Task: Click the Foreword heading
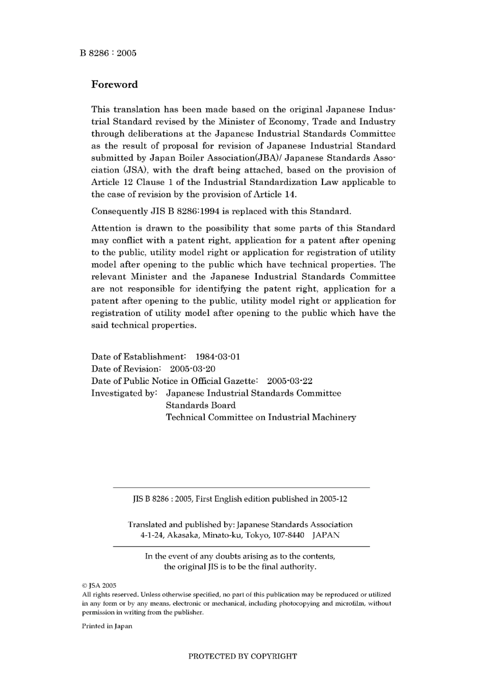[x=114, y=85]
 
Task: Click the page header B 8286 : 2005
[x=108, y=53]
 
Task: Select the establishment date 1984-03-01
[x=218, y=357]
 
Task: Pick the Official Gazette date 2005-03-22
[x=289, y=381]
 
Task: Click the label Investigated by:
[x=124, y=393]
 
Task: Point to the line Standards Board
[x=201, y=405]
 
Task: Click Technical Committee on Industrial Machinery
[x=261, y=418]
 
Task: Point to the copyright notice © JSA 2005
[x=99, y=586]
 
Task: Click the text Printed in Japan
[x=107, y=626]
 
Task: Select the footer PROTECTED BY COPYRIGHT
[x=243, y=656]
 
